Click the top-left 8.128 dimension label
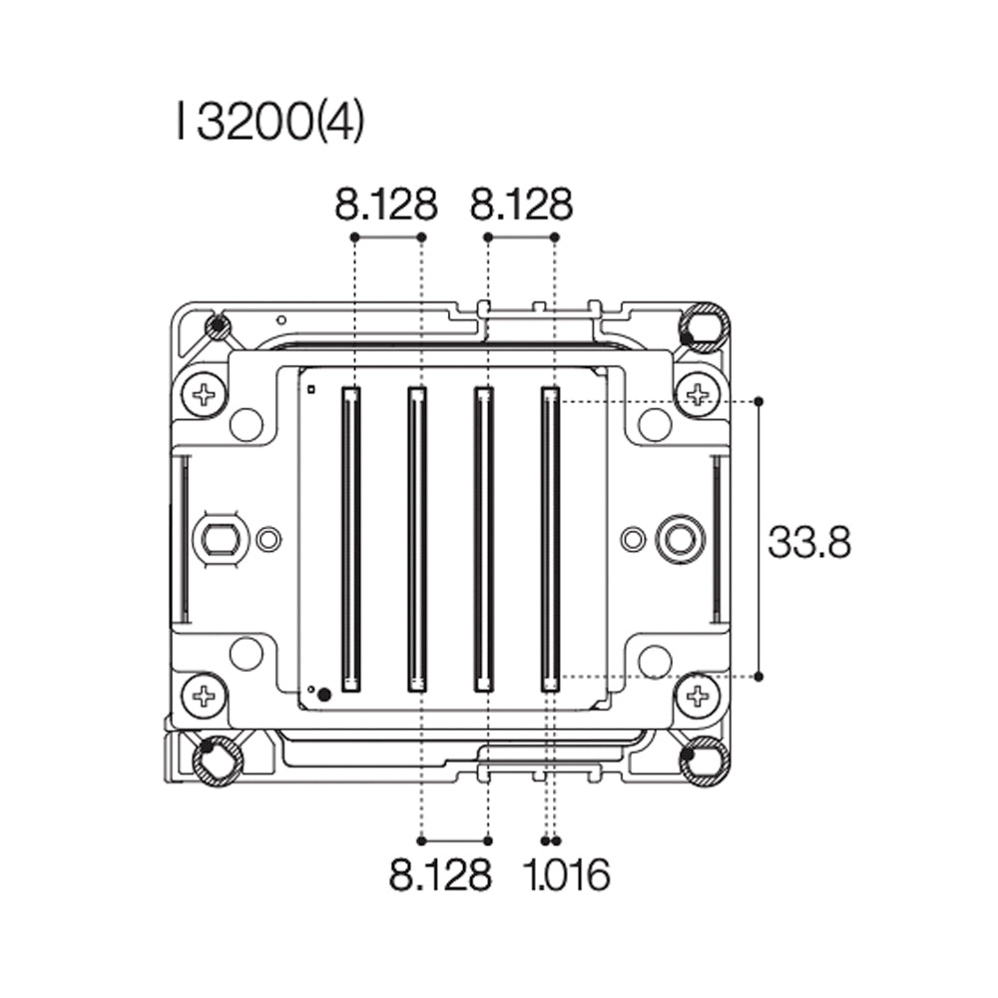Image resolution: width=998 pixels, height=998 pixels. pyautogui.click(x=386, y=206)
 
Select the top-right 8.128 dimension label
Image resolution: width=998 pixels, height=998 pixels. pyautogui.click(x=521, y=206)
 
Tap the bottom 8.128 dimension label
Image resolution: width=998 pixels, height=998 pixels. pyautogui.click(x=440, y=875)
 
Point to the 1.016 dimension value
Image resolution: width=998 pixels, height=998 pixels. pyautogui.click(x=566, y=875)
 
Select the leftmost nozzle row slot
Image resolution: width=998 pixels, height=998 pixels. pyautogui.click(x=350, y=539)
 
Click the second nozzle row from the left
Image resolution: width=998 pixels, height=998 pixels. pyautogui.click(x=417, y=539)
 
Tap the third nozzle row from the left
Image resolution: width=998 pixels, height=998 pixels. pyautogui.click(x=484, y=539)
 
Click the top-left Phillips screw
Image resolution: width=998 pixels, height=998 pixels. pyautogui.click(x=205, y=394)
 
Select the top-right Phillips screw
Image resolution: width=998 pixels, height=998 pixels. pyautogui.click(x=697, y=394)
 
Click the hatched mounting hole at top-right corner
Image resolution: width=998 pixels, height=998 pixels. pyautogui.click(x=705, y=325)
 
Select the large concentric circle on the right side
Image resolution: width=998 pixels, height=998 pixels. pyautogui.click(x=680, y=539)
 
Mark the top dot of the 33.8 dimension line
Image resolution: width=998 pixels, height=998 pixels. pyautogui.click(x=759, y=401)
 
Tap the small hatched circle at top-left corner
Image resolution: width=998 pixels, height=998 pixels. pyautogui.click(x=217, y=326)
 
